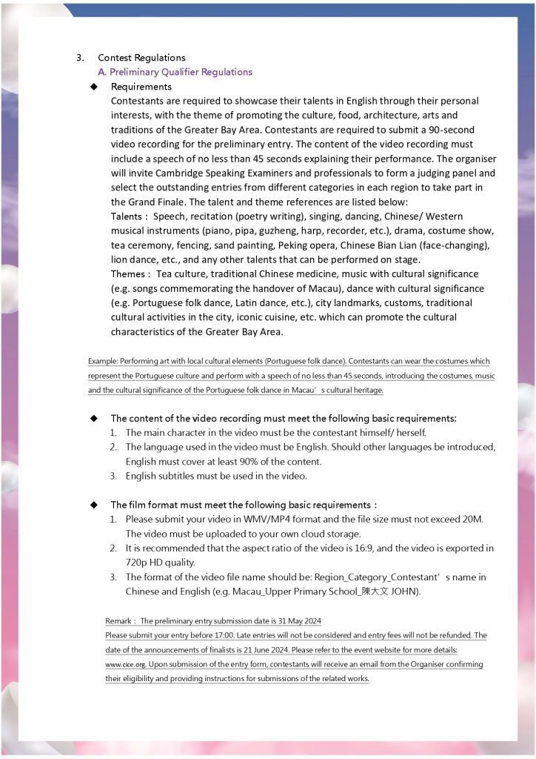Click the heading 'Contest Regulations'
pos(141,58)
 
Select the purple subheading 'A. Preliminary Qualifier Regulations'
pos(175,72)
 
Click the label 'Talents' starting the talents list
pos(126,216)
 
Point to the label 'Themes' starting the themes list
pos(127,274)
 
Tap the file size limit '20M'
pos(472,520)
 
